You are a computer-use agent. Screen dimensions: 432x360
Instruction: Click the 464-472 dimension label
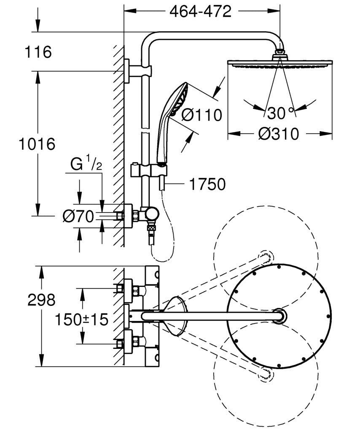pyautogui.click(x=201, y=12)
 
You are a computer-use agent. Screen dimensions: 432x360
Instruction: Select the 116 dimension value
pyautogui.click(x=38, y=53)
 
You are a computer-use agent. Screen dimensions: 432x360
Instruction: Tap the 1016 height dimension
pyautogui.click(x=37, y=144)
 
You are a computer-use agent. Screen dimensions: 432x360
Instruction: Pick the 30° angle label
pyautogui.click(x=279, y=113)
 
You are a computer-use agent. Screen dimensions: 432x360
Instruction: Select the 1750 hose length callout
pyautogui.click(x=207, y=184)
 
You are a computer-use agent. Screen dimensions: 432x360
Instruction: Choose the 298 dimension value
pyautogui.click(x=41, y=300)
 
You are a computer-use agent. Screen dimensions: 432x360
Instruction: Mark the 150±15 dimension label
pyautogui.click(x=81, y=319)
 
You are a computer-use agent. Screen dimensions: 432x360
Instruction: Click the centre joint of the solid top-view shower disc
pyautogui.click(x=279, y=316)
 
